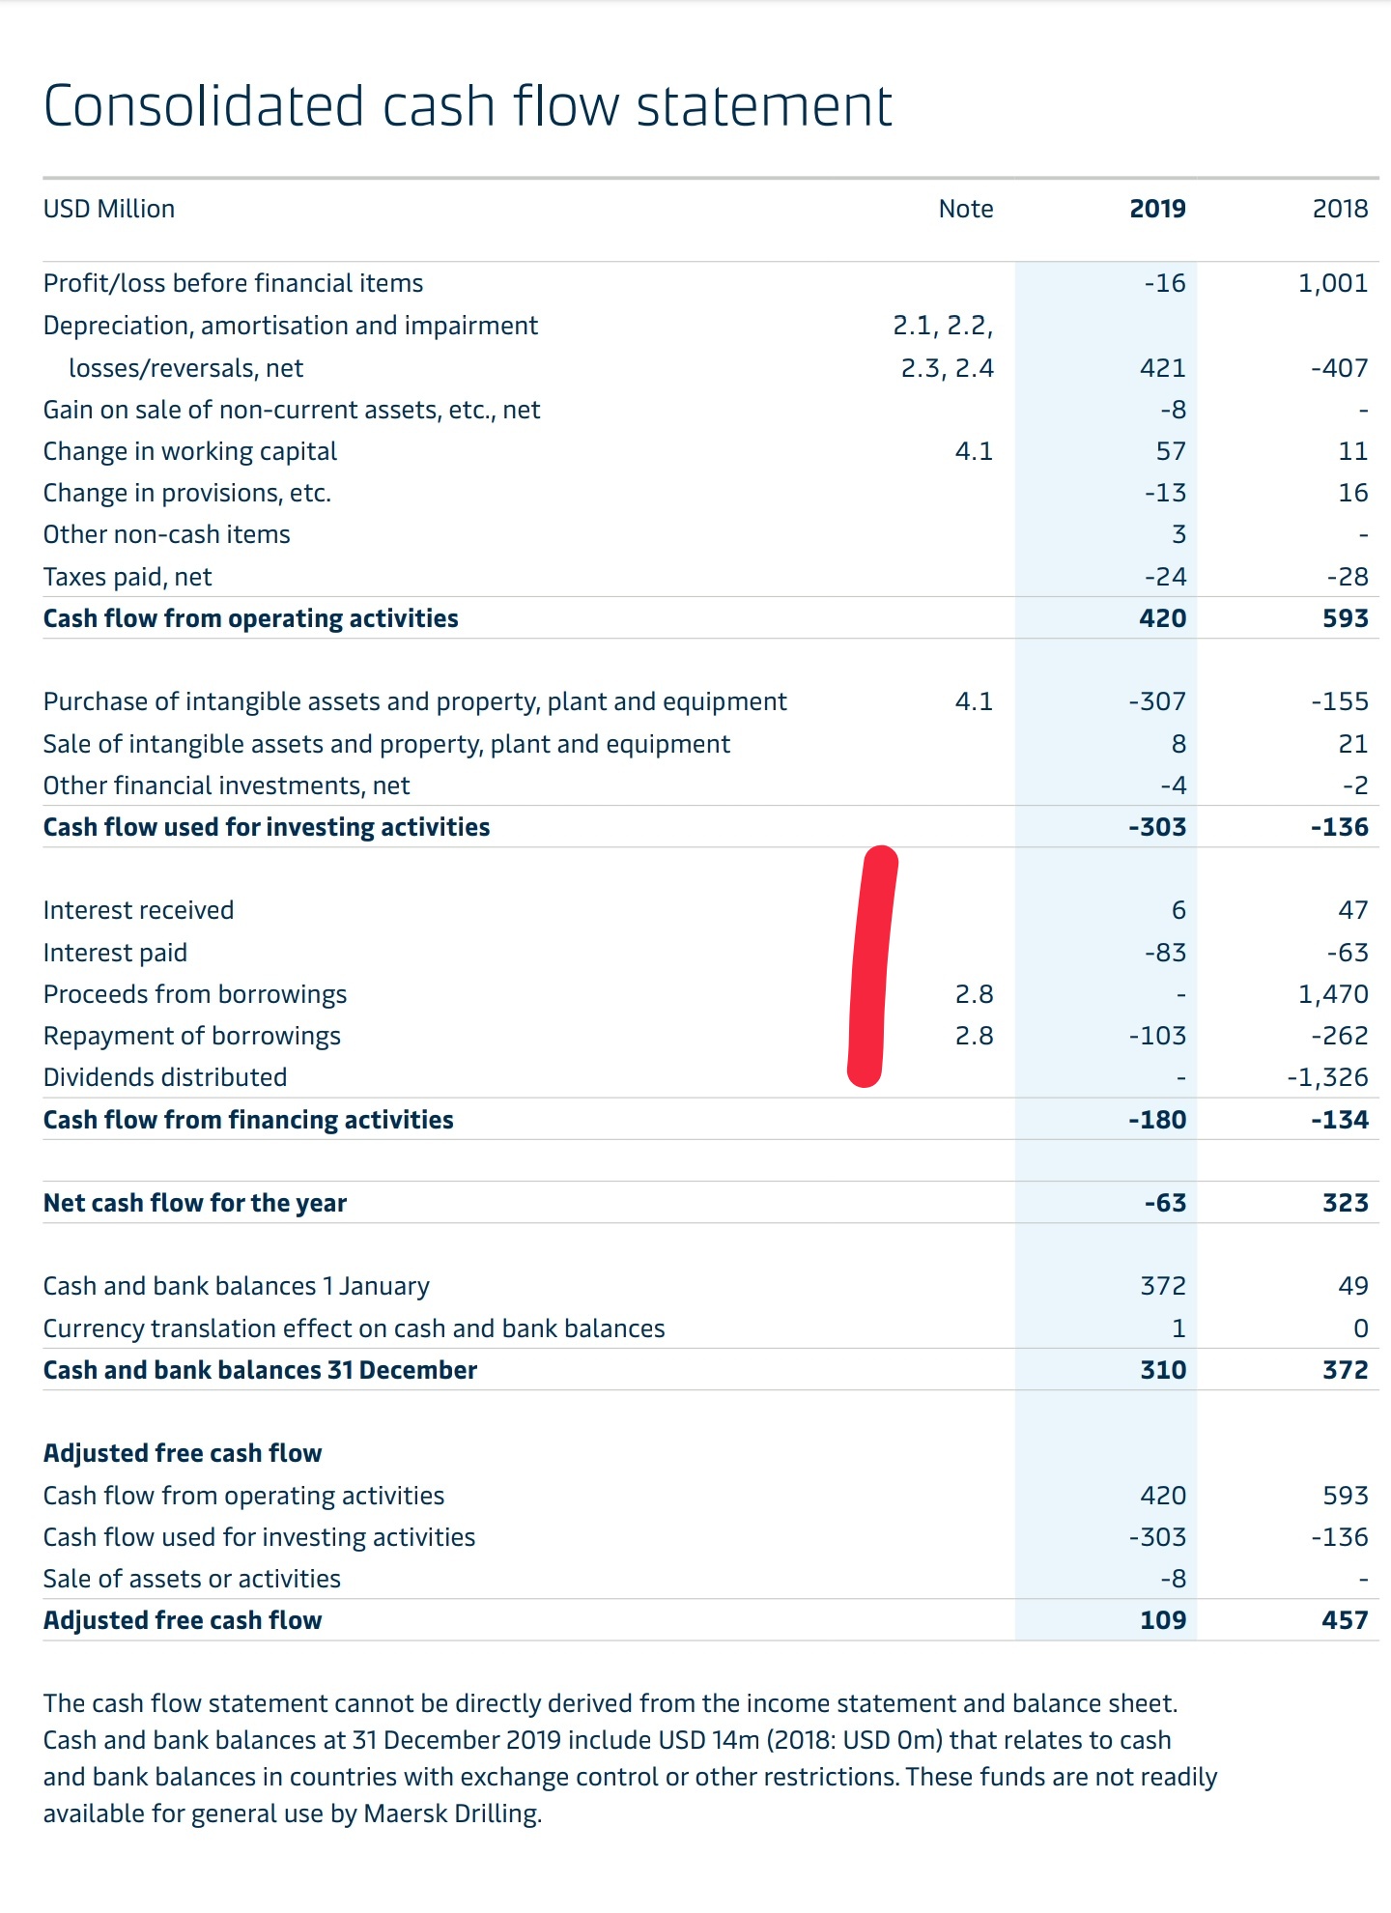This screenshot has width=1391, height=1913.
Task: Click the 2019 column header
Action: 1157,209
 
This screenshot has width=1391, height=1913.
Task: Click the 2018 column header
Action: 1340,209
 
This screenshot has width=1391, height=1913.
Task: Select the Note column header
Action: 966,209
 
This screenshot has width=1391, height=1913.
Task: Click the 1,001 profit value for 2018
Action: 1333,283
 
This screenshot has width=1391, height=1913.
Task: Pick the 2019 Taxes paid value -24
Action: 1165,577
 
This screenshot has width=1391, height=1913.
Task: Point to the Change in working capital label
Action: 190,451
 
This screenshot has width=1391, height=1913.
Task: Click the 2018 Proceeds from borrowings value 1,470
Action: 1333,994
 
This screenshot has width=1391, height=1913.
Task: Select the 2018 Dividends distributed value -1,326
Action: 1327,1077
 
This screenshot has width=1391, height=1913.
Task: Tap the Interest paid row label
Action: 115,953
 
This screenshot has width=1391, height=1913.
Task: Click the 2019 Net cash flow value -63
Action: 1165,1203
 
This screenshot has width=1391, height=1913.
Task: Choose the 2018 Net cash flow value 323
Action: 1346,1203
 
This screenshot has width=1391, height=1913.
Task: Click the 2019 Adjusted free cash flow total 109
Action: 1163,1620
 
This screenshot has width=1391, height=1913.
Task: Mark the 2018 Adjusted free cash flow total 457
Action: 1346,1620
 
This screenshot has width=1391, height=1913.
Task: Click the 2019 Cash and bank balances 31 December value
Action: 1163,1370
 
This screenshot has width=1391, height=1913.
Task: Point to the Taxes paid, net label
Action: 128,577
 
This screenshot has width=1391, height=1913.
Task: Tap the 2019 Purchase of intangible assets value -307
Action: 1157,701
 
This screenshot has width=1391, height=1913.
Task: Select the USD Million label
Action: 109,209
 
